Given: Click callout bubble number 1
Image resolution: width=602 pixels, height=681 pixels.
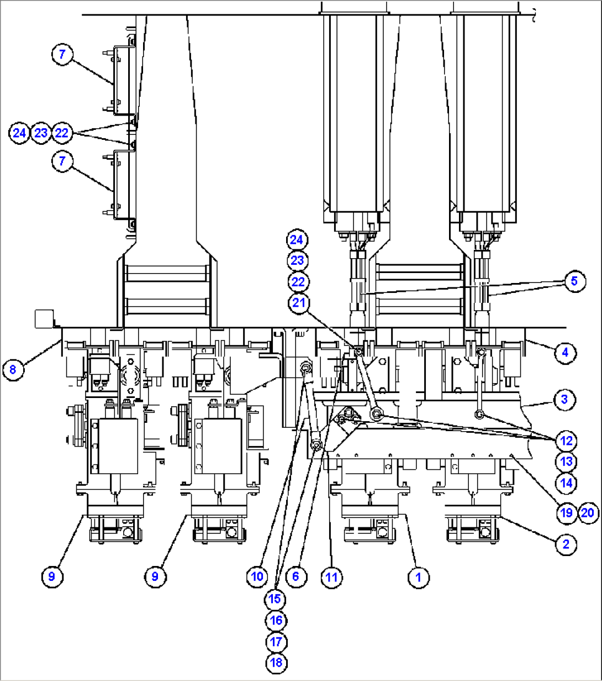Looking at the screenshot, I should click(x=418, y=577).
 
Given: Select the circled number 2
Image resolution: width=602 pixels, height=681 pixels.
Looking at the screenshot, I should click(x=566, y=544).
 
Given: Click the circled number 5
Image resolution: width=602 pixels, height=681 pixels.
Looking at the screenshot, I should click(x=574, y=281).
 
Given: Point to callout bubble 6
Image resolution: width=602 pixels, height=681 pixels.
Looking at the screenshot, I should click(x=296, y=577).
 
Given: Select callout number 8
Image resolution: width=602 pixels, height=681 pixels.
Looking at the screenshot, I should click(x=13, y=370).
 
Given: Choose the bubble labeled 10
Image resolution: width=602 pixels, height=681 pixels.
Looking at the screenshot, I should click(x=257, y=577).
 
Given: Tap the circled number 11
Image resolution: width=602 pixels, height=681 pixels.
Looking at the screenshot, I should click(x=331, y=577).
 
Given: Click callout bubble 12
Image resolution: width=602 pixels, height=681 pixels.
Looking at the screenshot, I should click(x=566, y=441).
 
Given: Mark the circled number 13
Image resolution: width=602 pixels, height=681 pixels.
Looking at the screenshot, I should click(x=566, y=462).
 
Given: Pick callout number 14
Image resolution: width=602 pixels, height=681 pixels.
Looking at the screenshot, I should click(x=566, y=483).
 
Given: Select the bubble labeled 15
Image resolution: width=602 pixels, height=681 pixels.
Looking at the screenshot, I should click(x=276, y=599).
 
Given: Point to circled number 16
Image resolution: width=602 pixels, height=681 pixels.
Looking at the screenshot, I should click(x=276, y=620).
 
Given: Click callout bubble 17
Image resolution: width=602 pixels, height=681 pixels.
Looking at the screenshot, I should click(x=276, y=642).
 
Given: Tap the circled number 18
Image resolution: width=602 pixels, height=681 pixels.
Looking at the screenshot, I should click(x=276, y=663).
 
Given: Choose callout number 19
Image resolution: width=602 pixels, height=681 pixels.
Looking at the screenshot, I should click(x=566, y=513).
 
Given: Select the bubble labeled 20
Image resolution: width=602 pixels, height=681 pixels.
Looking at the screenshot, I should click(x=587, y=513).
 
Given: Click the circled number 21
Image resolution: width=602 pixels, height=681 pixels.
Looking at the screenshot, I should click(x=298, y=303).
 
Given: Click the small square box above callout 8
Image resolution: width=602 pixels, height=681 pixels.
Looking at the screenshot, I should click(x=43, y=318).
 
